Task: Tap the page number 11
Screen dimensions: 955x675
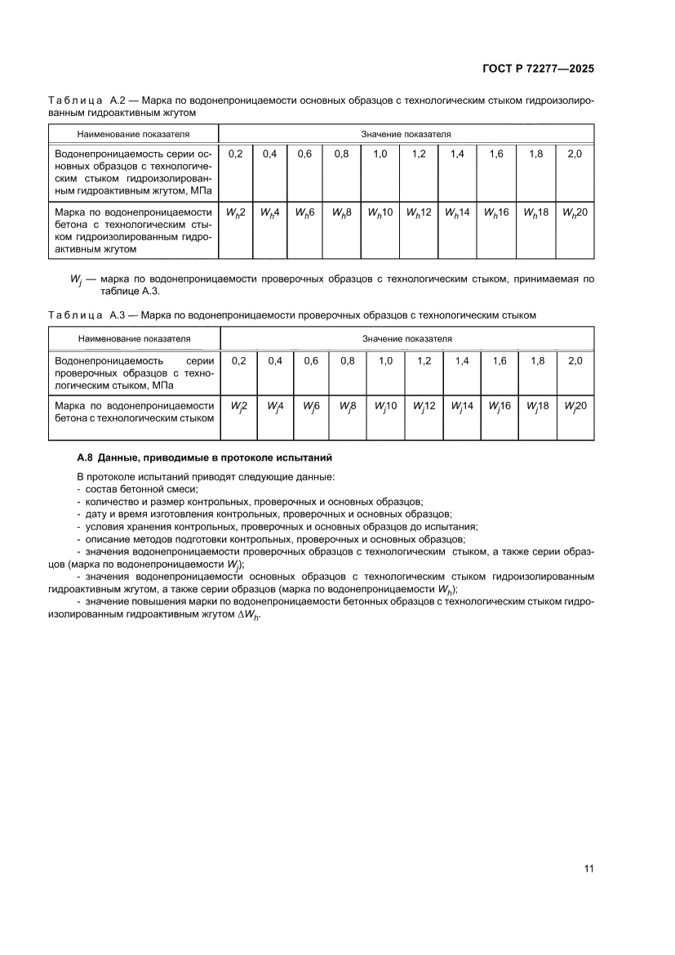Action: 588,868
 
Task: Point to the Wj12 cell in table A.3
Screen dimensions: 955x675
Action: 424,405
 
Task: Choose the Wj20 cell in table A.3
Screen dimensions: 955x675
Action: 575,405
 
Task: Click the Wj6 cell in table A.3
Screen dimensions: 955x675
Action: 311,405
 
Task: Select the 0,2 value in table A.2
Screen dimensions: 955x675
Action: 236,154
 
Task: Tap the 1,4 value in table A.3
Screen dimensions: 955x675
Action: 462,360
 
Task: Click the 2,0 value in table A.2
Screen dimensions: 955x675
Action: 575,154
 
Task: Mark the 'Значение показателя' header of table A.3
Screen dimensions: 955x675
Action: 407,337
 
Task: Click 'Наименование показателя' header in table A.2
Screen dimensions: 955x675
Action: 133,132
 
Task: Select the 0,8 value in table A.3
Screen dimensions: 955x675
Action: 348,360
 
